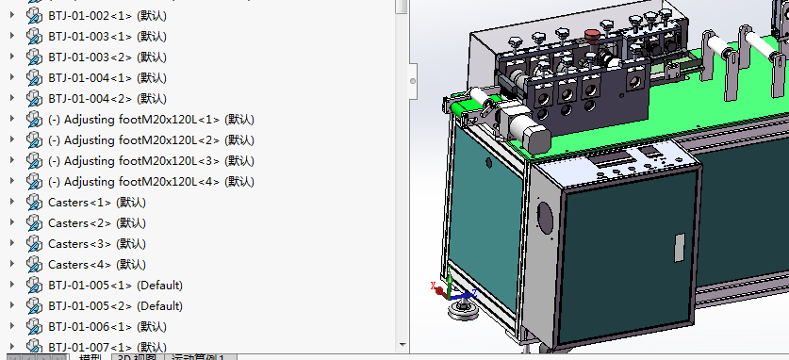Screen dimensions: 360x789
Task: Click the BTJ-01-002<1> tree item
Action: click(90, 16)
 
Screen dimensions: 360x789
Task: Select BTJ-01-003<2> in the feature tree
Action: click(90, 57)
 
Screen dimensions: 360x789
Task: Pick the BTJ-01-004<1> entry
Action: click(90, 78)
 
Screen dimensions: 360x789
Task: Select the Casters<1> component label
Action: click(79, 203)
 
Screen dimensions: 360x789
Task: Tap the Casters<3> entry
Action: click(79, 244)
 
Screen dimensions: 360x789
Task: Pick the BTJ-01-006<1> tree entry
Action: click(90, 327)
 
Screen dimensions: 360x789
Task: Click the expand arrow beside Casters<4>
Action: click(11, 265)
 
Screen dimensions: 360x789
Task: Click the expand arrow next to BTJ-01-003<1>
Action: click(11, 37)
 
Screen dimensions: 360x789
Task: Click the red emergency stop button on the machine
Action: click(592, 36)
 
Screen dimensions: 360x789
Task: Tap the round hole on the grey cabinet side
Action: click(545, 219)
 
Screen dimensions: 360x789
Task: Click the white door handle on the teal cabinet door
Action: click(678, 247)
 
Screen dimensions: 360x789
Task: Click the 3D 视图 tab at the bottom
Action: click(137, 356)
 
